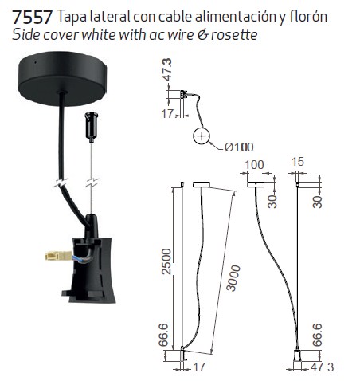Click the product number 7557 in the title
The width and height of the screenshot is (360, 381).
pyautogui.click(x=32, y=17)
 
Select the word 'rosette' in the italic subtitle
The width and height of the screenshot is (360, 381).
pyautogui.click(x=234, y=35)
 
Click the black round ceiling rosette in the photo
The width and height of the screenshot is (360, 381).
pyautogui.click(x=62, y=78)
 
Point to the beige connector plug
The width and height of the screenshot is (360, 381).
pyautogui.click(x=58, y=256)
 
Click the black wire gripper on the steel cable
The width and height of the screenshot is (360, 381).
pyautogui.click(x=91, y=127)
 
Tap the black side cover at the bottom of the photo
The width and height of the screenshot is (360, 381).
pyautogui.click(x=89, y=269)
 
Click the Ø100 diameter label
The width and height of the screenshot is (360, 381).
pyautogui.click(x=239, y=147)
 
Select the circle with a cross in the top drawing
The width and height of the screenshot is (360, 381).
pyautogui.click(x=202, y=136)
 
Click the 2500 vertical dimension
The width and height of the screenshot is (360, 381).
pyautogui.click(x=166, y=261)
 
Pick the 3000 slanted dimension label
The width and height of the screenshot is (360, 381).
pyautogui.click(x=233, y=278)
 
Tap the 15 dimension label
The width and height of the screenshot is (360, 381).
pyautogui.click(x=297, y=162)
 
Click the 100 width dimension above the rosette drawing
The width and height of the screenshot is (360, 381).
pyautogui.click(x=254, y=165)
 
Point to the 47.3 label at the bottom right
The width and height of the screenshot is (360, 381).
pyautogui.click(x=322, y=367)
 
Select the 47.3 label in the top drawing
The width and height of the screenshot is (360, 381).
pyautogui.click(x=167, y=69)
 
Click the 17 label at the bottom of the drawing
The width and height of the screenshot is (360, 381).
pyautogui.click(x=198, y=367)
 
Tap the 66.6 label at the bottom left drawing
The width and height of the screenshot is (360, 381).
pyautogui.click(x=163, y=335)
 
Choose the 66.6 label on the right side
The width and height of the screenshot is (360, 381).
pyautogui.click(x=317, y=335)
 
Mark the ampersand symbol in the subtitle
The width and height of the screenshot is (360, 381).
pyautogui.click(x=203, y=35)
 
